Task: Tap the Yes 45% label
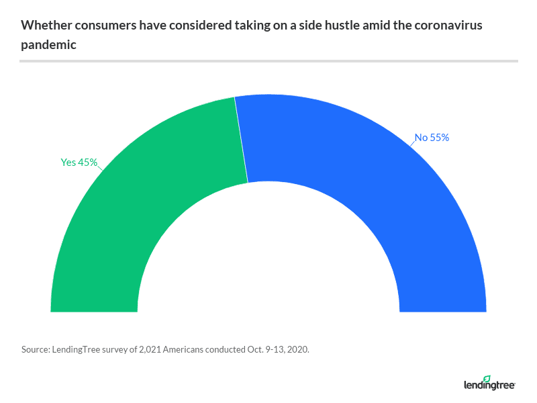point(79,162)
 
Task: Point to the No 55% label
point(432,138)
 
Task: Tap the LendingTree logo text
point(489,386)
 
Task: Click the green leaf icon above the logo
point(487,379)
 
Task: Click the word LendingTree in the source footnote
point(76,350)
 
